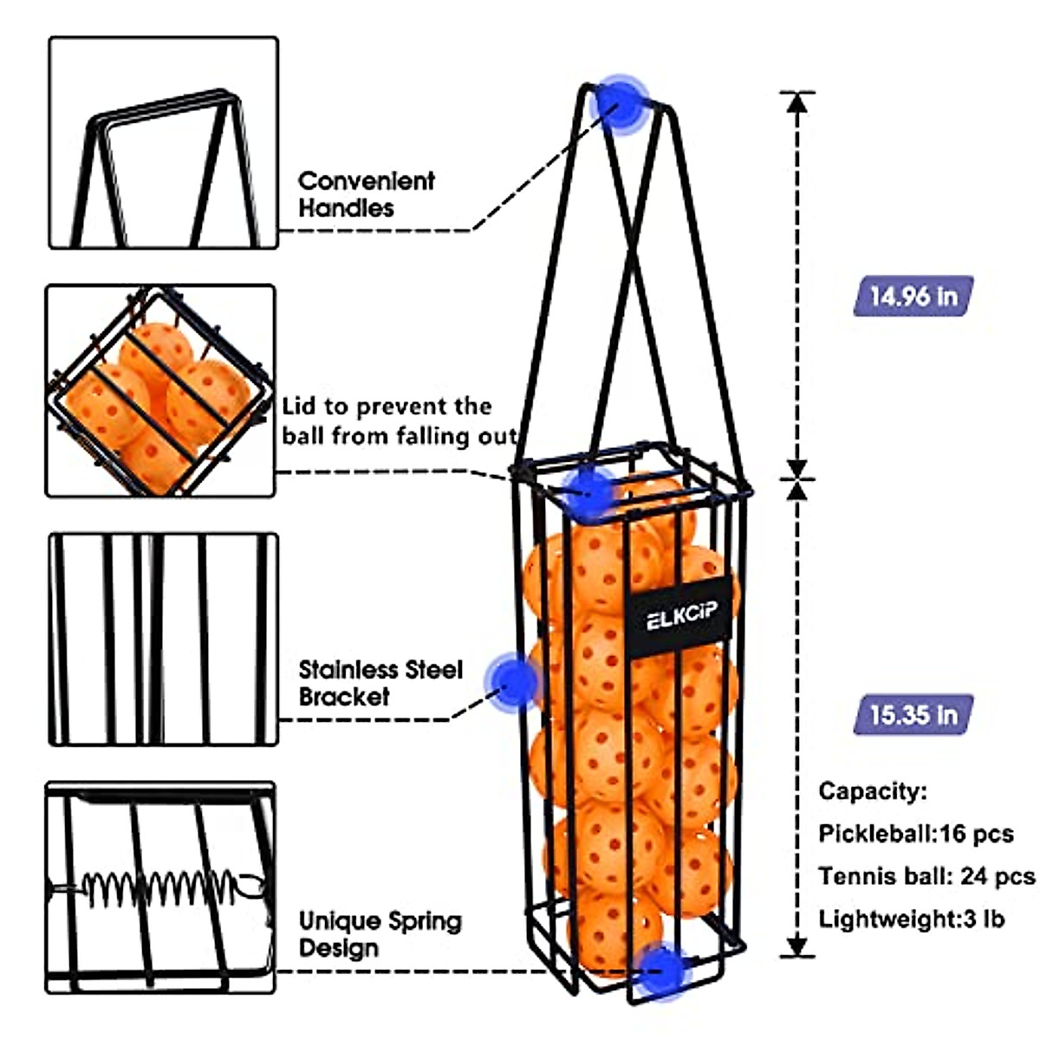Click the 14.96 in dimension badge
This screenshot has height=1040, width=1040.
(913, 296)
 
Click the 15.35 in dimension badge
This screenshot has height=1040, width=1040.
(913, 715)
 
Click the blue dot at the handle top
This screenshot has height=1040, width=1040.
(619, 102)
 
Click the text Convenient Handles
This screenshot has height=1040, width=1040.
(366, 194)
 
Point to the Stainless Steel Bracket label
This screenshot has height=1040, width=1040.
(380, 683)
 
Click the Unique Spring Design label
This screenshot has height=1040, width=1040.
(380, 933)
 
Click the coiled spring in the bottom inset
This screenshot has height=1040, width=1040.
(160, 887)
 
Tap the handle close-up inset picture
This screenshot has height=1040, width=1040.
(163, 143)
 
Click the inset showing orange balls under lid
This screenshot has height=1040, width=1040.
(160, 391)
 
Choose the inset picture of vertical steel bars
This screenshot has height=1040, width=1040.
(163, 640)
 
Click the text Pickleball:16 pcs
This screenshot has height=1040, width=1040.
(915, 834)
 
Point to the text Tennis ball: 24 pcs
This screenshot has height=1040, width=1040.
(926, 876)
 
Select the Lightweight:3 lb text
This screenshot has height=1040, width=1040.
(912, 919)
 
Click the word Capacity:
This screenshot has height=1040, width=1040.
(873, 791)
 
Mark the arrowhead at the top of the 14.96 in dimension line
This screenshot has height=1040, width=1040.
(797, 101)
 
